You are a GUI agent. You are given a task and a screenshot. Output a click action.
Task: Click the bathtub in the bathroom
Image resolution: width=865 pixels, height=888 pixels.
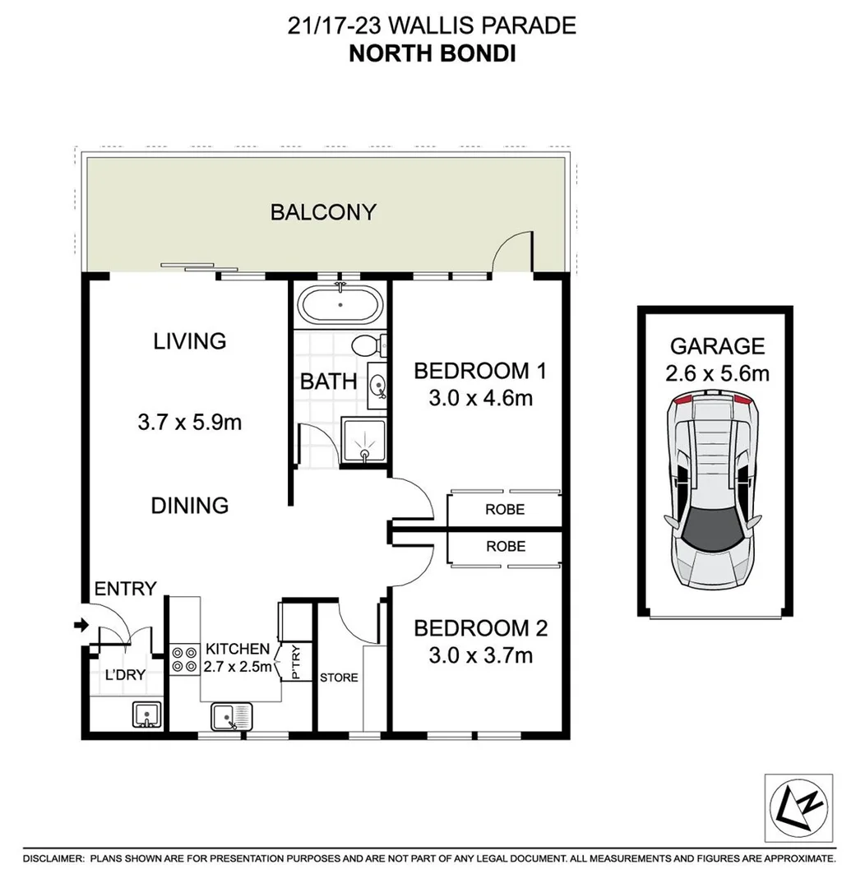340,306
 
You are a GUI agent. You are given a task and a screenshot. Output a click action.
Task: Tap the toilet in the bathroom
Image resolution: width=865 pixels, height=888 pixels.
365,346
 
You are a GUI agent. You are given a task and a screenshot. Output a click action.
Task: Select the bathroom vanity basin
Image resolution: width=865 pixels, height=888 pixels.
377,385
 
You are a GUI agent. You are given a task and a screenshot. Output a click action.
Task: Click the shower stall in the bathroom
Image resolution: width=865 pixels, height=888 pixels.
363,442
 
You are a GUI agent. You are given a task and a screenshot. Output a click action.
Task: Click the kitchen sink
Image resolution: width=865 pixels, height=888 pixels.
231,718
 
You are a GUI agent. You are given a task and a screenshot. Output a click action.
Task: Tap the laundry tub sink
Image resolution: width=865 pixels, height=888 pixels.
146,715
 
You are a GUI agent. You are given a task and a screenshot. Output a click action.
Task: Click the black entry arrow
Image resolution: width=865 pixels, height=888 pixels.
80,626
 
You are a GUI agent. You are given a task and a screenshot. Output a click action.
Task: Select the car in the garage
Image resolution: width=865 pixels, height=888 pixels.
712,490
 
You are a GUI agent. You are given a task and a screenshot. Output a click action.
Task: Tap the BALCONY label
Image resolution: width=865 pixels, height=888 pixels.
323,212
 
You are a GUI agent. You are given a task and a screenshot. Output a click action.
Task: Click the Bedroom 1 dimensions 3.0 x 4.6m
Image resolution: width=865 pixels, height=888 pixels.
481,400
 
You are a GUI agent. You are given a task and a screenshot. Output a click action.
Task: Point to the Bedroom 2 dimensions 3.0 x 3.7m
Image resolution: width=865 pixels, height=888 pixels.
481,656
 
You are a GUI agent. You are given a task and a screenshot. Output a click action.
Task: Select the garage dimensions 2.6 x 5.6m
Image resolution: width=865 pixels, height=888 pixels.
717,374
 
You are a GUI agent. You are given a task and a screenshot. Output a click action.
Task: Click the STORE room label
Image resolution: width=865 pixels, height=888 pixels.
339,678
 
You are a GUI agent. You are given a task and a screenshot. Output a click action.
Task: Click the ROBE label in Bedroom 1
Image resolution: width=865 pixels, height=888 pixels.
505,509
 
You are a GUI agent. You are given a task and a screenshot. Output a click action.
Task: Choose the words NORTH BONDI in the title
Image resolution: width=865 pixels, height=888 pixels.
432,55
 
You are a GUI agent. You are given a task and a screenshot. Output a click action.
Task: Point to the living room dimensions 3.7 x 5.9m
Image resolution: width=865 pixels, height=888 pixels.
190,423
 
